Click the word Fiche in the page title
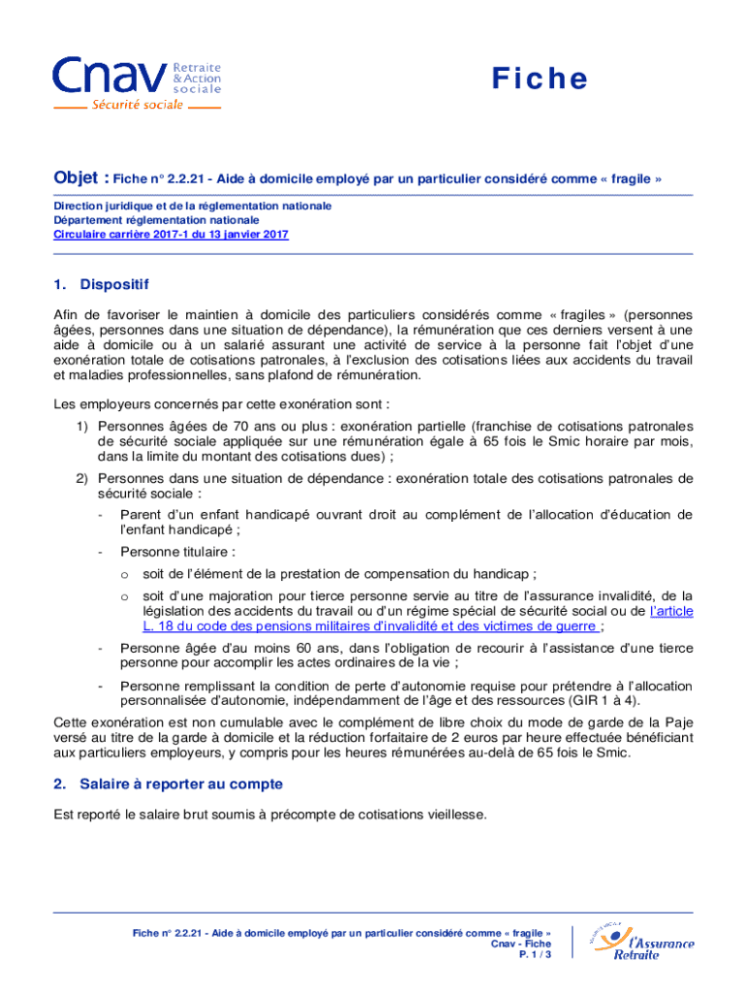click(538, 79)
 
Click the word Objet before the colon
click(74, 178)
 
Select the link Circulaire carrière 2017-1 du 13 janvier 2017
click(171, 235)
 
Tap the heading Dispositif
click(114, 284)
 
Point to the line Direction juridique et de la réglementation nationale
click(192, 206)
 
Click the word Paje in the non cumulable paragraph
click(678, 721)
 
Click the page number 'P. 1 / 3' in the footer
click(535, 955)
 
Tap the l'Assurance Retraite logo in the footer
click(643, 940)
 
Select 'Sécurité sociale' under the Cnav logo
click(137, 104)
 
